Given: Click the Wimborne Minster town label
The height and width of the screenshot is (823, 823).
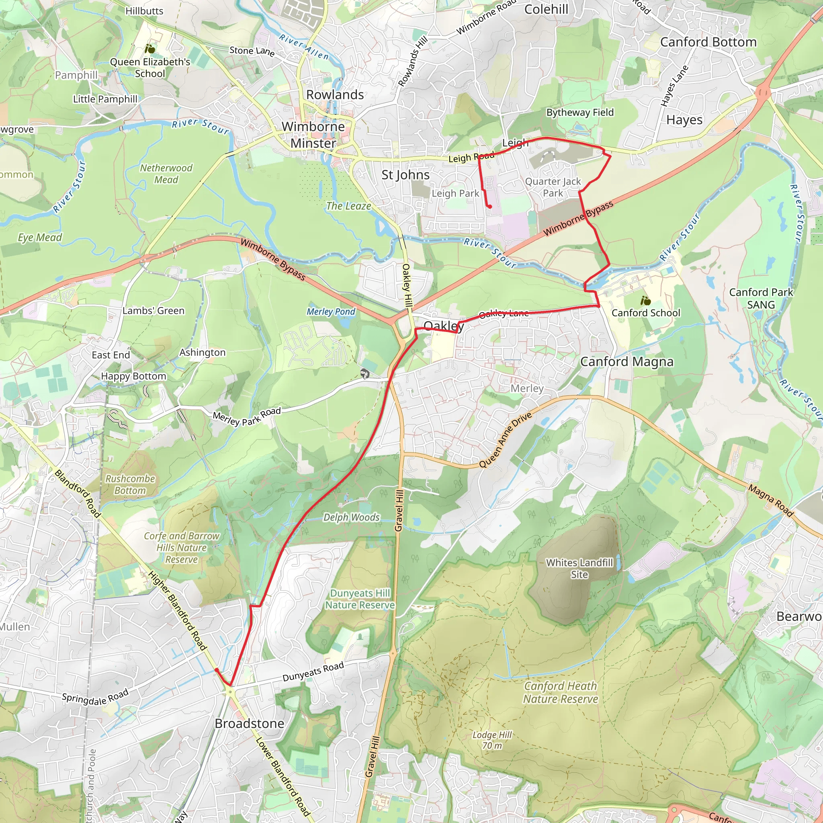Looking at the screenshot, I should (313, 135).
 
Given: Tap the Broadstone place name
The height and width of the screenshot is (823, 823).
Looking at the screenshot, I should (249, 723).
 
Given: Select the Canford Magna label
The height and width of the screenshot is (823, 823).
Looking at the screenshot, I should (626, 362).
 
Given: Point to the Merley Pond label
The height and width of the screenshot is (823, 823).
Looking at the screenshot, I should (331, 311).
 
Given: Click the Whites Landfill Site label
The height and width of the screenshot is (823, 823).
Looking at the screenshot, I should (579, 568).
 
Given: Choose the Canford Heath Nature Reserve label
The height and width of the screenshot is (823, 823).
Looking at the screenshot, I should (561, 692).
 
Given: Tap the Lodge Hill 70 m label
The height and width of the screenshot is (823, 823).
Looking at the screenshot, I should (492, 740).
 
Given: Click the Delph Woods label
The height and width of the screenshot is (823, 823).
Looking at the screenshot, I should (352, 517).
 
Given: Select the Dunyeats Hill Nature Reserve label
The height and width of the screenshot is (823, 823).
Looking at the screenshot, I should (360, 599).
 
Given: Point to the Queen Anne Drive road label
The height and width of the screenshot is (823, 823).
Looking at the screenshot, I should (505, 440).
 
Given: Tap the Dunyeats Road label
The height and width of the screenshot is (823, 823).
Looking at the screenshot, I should (313, 672).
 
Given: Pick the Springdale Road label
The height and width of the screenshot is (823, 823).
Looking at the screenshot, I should (95, 697).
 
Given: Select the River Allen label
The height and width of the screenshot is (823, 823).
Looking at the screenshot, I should (304, 47).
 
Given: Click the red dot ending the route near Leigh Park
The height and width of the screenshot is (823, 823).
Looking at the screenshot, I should (490, 207).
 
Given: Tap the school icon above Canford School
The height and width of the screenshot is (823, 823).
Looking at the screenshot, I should (645, 301).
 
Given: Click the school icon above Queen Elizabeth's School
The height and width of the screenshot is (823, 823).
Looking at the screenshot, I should (149, 49).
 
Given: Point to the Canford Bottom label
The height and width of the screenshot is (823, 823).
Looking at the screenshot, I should (708, 42).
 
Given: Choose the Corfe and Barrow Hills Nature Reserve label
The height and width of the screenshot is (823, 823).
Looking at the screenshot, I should (182, 547).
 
